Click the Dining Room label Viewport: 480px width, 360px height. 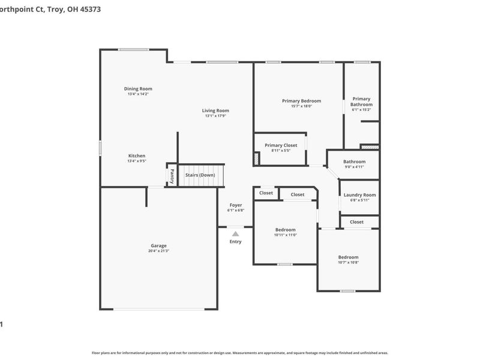click(138, 89)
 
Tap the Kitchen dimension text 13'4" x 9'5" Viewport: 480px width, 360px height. click(137, 161)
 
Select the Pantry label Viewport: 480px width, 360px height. click(172, 176)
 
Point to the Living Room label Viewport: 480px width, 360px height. click(215, 110)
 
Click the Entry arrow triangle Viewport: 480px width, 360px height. click(235, 233)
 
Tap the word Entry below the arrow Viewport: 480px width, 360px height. click(235, 242)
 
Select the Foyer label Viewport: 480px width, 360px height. click(236, 205)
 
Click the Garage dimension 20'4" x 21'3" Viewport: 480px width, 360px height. click(158, 251)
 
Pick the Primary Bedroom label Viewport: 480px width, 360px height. click(301, 101)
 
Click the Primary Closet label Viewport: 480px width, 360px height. click(281, 145)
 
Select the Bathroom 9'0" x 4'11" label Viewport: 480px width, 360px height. click(354, 161)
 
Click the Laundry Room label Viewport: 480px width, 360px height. click(359, 195)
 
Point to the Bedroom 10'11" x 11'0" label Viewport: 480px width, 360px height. click(285, 230)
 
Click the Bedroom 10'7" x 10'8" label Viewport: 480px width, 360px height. click(348, 257)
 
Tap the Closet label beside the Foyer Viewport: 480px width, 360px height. click(266, 193)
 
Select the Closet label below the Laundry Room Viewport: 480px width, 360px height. click(356, 222)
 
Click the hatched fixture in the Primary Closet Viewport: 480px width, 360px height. click(257, 158)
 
